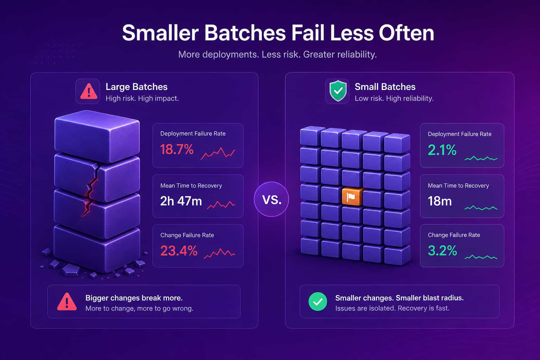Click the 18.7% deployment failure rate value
tap(177, 149)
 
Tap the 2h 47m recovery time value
tap(181, 201)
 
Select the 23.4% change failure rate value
tap(179, 251)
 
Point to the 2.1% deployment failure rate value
tap(442, 150)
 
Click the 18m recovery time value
tap(440, 201)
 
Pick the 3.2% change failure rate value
tap(442, 251)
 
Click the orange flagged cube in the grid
tap(352, 197)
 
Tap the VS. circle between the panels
tap(271, 199)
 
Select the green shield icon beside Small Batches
tap(338, 91)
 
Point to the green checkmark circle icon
tap(318, 302)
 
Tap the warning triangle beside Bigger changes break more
tap(67, 302)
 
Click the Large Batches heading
tap(136, 87)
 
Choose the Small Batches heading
tap(385, 87)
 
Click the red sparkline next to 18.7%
tap(218, 153)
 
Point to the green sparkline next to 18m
tap(481, 208)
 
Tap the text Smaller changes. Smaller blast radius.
tap(399, 298)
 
